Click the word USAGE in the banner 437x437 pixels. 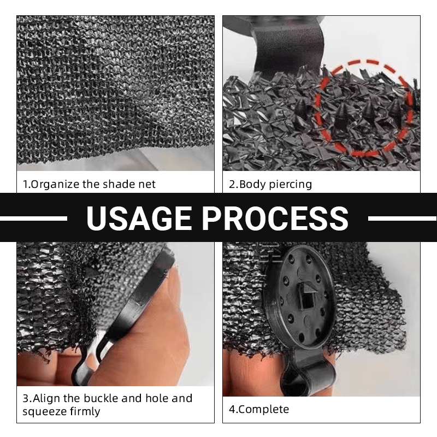139,217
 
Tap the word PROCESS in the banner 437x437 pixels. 275,217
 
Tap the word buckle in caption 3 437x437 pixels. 101,398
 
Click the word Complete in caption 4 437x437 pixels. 264,409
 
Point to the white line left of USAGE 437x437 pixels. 33,218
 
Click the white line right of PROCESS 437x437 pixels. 403,218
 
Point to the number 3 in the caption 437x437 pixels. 26,399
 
